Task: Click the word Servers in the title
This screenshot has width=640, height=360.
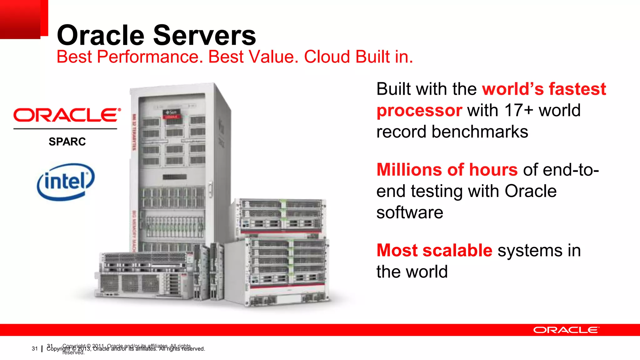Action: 205,35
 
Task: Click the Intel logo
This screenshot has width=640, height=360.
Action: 66,182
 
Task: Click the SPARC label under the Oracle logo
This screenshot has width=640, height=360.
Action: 67,142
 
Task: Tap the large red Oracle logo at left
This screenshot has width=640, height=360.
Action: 67,115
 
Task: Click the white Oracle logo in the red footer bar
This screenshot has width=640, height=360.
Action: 566,330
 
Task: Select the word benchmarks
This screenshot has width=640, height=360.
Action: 480,132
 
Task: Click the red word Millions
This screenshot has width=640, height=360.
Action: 409,170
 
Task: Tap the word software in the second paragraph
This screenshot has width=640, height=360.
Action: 409,213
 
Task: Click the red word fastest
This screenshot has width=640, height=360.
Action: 577,89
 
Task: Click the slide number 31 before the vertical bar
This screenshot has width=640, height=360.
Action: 34,349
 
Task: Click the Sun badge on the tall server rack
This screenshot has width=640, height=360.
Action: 172,112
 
